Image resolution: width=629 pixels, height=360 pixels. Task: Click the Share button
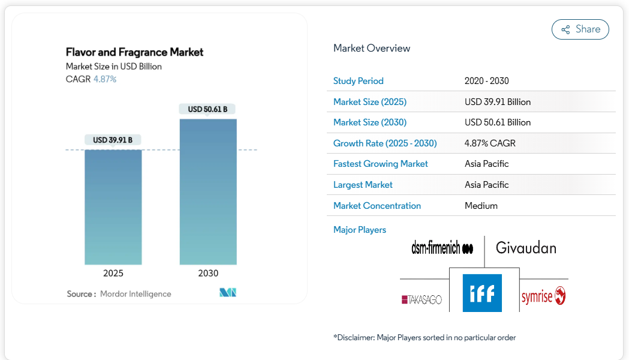580,29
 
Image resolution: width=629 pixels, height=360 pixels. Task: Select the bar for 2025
113,206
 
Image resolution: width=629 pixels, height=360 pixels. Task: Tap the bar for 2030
208,191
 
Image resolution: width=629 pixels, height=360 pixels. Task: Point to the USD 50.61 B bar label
207,109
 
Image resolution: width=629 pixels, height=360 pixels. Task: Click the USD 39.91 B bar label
113,140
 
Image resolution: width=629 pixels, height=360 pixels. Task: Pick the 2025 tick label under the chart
113,273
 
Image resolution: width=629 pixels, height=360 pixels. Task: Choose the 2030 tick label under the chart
208,273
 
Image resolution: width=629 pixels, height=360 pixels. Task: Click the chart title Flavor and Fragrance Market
134,52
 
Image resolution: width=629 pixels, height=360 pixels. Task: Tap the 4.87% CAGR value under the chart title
105,79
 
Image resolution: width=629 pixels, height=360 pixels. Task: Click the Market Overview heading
372,49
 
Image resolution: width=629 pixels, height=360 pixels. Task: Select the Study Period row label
358,81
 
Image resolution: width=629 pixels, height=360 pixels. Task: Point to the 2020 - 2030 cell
486,81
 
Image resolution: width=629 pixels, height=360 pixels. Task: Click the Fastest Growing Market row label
380,164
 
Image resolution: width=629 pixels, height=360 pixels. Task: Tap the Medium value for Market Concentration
481,206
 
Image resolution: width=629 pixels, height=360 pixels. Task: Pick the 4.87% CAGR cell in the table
490,143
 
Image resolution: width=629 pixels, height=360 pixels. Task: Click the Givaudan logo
526,248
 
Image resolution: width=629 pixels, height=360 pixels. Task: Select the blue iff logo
482,293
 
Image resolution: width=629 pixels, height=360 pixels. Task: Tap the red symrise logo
543,296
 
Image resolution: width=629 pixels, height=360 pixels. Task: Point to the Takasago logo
422,299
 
